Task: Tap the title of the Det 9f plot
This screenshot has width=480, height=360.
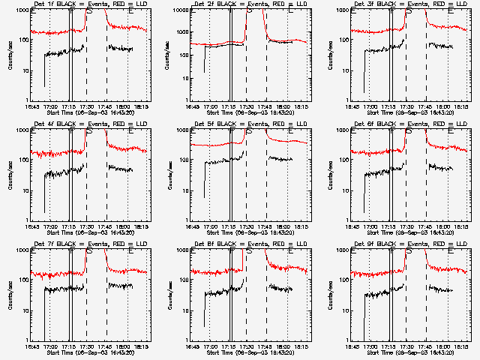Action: point(409,244)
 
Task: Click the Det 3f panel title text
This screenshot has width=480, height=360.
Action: point(409,4)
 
